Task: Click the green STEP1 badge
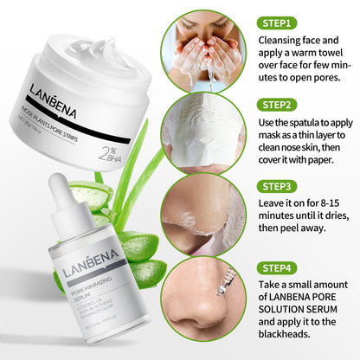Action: coord(277,23)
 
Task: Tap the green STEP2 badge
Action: coord(277,105)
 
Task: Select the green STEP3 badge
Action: coord(277,185)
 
